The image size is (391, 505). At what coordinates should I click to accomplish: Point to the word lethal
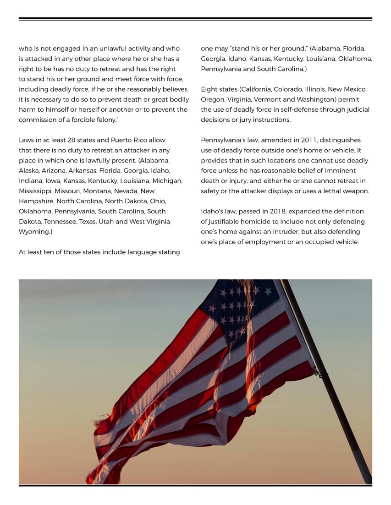click(327, 191)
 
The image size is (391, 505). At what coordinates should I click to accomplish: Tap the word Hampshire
click(36, 201)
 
